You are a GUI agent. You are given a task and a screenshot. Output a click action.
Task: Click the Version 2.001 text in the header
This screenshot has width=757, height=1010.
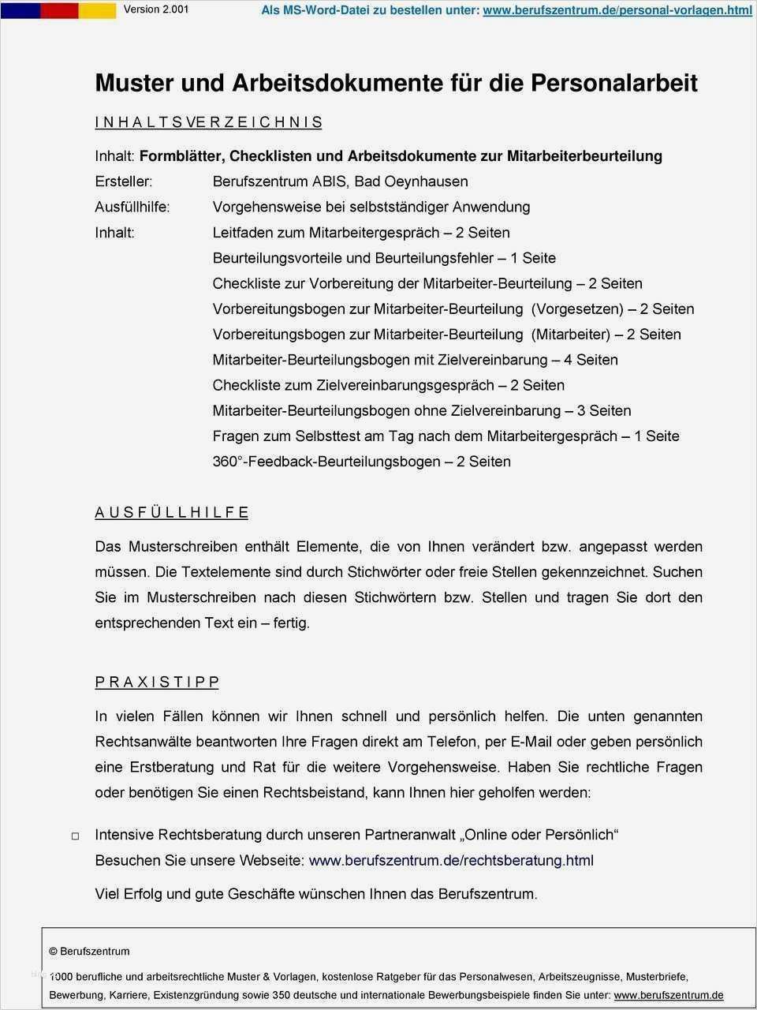(156, 10)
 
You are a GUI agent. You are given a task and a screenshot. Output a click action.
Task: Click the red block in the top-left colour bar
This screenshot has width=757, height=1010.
(59, 10)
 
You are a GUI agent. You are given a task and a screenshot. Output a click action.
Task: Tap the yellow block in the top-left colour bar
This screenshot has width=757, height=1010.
(97, 10)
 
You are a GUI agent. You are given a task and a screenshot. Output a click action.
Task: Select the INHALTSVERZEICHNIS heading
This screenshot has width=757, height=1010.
(208, 122)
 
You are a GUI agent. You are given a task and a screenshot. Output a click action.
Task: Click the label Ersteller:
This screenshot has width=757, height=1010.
(124, 181)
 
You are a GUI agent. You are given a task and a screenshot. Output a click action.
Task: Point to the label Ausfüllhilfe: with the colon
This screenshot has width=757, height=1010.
(132, 207)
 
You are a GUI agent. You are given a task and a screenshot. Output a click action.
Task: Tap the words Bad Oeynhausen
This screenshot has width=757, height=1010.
(411, 181)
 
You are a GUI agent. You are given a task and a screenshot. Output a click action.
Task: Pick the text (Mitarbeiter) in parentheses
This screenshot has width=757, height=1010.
(571, 334)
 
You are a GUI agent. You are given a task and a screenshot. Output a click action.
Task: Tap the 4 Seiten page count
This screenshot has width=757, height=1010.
(591, 360)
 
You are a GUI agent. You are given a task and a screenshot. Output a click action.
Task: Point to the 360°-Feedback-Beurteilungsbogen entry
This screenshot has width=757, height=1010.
(326, 462)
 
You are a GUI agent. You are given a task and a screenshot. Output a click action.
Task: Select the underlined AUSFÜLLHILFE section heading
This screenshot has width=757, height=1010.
(172, 513)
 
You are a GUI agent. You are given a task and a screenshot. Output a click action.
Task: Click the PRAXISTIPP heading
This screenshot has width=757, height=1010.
(157, 682)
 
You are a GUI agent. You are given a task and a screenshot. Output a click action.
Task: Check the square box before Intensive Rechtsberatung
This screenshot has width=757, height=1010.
(76, 836)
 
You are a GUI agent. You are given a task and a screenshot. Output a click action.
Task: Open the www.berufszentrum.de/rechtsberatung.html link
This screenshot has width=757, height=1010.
(451, 860)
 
